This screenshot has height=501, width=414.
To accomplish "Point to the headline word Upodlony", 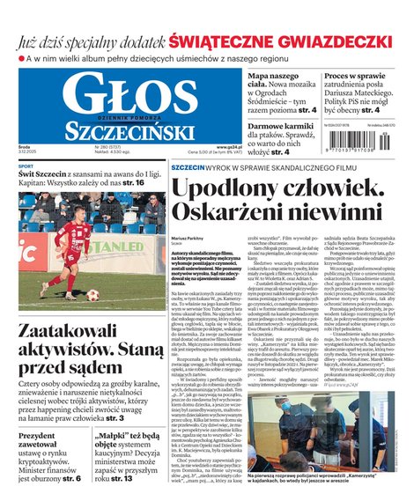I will [x=237, y=188].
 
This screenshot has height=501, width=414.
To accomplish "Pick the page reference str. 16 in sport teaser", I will [x=133, y=183].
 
